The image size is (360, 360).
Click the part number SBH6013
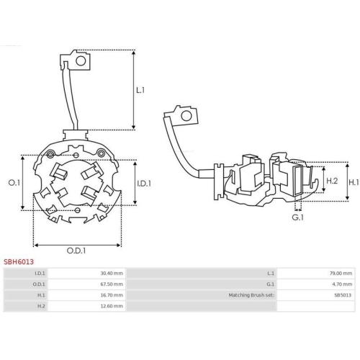19,263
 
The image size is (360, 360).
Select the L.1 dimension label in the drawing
140,90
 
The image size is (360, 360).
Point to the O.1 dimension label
13,183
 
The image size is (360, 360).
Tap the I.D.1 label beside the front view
143,183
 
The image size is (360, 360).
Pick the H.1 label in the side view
353,183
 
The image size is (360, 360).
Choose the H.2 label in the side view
332,181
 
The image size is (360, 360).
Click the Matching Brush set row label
251,295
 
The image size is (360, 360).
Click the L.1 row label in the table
271,274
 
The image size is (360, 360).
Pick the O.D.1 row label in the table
40,284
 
